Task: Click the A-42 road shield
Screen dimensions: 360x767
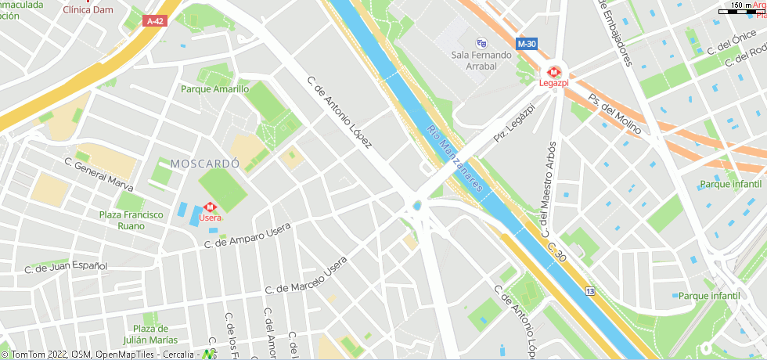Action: [x=155, y=22]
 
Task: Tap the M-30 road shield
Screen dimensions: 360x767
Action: [x=527, y=44]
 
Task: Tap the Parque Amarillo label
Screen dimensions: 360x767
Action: [x=214, y=89]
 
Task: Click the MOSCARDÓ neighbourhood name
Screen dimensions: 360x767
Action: [x=203, y=164]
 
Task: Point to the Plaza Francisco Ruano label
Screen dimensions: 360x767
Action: [x=131, y=220]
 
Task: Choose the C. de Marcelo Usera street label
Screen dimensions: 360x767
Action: [x=305, y=277]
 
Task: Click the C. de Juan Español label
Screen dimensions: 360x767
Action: [x=66, y=267]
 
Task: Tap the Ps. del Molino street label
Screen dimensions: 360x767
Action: [x=614, y=114]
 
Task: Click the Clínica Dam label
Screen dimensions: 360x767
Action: [x=88, y=10]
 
